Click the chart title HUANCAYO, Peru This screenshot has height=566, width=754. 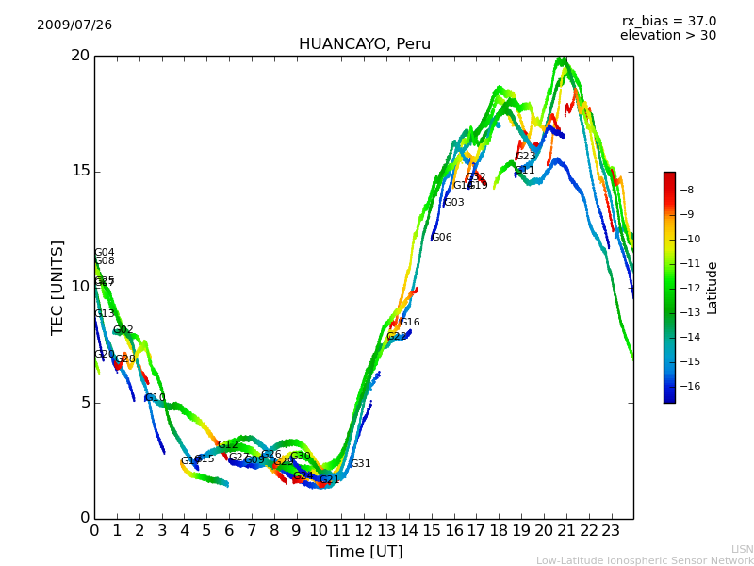364,44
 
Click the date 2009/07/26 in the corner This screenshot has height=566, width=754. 74,25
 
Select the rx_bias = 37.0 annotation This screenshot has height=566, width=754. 668,22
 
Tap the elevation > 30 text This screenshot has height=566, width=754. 667,36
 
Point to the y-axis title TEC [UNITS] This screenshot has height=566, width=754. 57,287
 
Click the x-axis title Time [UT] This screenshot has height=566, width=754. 364,552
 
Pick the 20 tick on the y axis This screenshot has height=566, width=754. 80,56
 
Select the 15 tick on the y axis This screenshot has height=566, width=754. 80,171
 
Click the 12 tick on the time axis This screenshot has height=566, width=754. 364,531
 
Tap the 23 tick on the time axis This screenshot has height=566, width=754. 611,531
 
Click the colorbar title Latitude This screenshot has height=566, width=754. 713,288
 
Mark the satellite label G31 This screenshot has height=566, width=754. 360,464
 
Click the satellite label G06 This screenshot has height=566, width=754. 441,238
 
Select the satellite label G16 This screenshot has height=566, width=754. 410,323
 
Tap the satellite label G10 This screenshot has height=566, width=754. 156,398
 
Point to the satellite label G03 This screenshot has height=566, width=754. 453,203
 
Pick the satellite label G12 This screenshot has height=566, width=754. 228,445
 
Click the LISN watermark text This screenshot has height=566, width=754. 743,549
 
